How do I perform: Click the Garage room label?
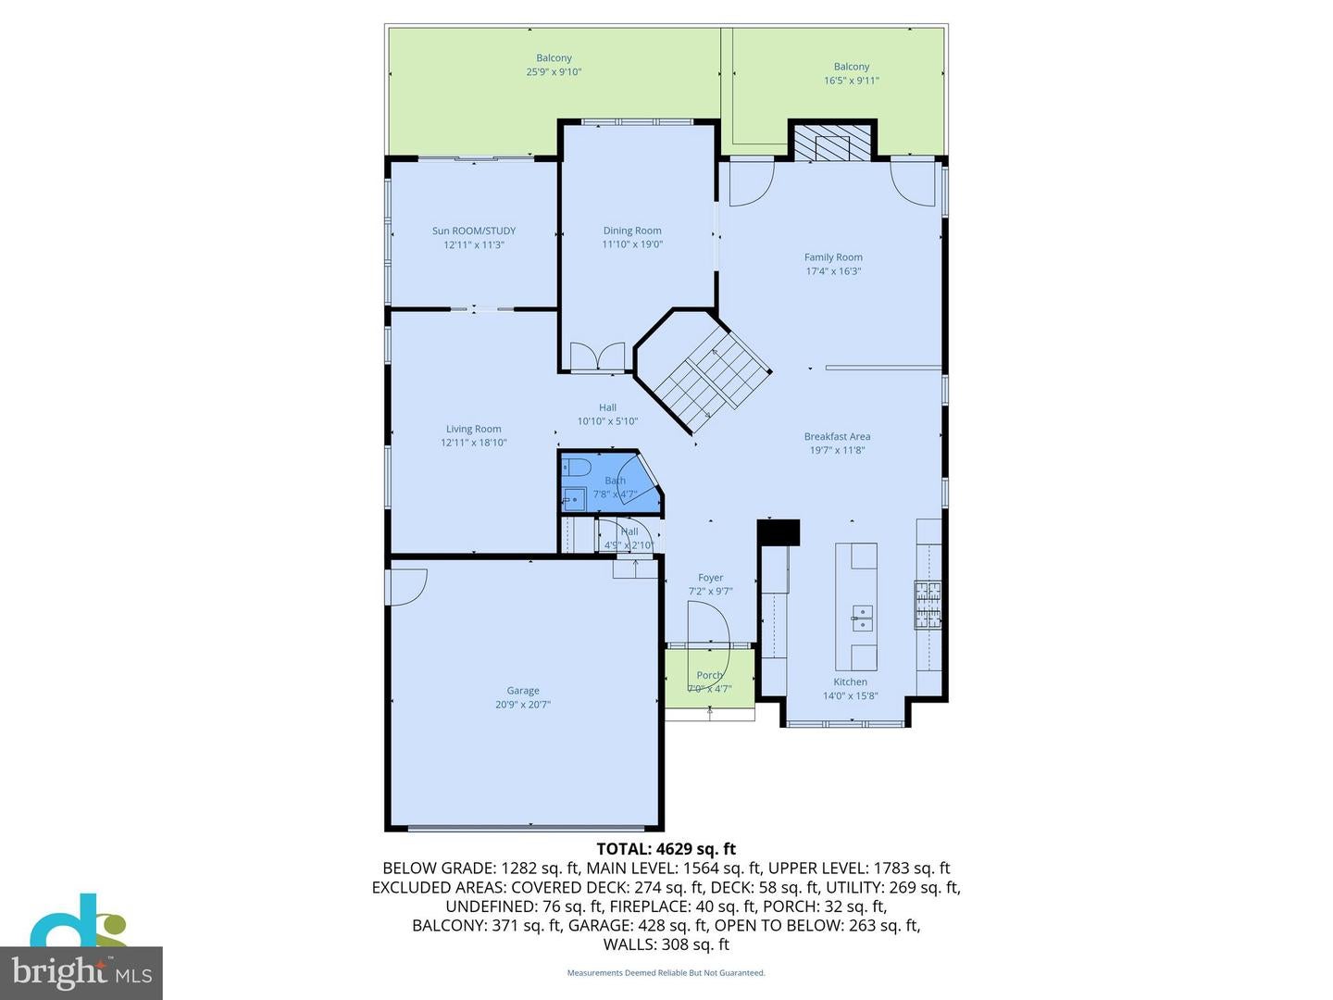pos(523,691)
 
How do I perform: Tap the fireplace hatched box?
pos(831,144)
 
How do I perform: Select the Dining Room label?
pos(632,231)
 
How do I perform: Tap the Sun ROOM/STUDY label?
pos(474,231)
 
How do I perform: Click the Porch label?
pos(710,676)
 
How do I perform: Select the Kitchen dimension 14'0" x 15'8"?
pos(850,696)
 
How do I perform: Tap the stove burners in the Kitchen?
pos(928,604)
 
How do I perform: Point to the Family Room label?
pos(833,257)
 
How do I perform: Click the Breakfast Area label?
pos(837,437)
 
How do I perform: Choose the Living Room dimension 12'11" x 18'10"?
pos(474,443)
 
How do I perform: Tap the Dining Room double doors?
pos(598,357)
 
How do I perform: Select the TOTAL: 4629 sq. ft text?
pos(666,848)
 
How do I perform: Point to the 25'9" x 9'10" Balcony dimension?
pos(554,72)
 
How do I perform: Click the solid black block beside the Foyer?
pos(779,532)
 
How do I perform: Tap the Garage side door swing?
pos(406,585)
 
